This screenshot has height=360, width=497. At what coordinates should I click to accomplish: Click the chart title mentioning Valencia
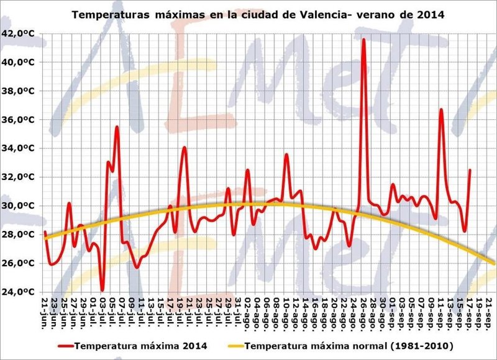pyautogui.click(x=258, y=14)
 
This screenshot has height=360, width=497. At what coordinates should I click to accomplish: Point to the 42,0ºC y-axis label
pyautogui.click(x=18, y=34)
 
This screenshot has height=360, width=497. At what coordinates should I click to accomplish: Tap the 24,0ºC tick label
pyautogui.click(x=18, y=292)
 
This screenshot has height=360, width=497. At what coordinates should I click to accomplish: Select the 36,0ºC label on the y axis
pyautogui.click(x=18, y=120)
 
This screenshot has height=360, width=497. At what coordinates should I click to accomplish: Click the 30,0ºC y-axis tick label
pyautogui.click(x=18, y=206)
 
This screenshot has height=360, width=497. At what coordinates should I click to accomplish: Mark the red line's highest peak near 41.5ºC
pyautogui.click(x=364, y=40)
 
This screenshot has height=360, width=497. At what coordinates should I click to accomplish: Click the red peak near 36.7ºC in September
pyautogui.click(x=441, y=109)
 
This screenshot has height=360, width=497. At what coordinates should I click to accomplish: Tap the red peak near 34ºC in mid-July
pyautogui.click(x=184, y=147)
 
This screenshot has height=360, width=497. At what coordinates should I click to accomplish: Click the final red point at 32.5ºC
pyautogui.click(x=470, y=169)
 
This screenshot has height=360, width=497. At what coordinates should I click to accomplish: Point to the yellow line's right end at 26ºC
pyautogui.click(x=494, y=263)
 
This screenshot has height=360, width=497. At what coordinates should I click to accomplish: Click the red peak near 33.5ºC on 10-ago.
pyautogui.click(x=286, y=155)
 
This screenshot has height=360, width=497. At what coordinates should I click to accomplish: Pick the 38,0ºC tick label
pyautogui.click(x=18, y=91)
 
